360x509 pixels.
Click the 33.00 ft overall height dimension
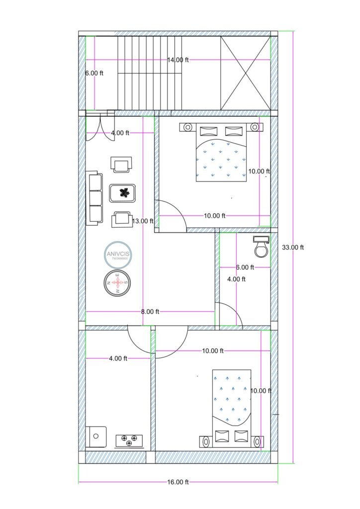tap(293, 247)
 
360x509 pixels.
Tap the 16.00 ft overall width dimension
tap(178, 482)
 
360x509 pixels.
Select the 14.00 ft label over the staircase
tap(178, 60)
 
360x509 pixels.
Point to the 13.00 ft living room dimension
tap(144, 221)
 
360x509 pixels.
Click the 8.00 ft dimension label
tap(150, 312)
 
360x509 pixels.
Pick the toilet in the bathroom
tap(261, 246)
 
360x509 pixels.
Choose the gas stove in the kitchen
tap(129, 440)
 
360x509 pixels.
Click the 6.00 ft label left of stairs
tap(94, 73)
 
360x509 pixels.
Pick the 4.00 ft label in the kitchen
tap(118, 358)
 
